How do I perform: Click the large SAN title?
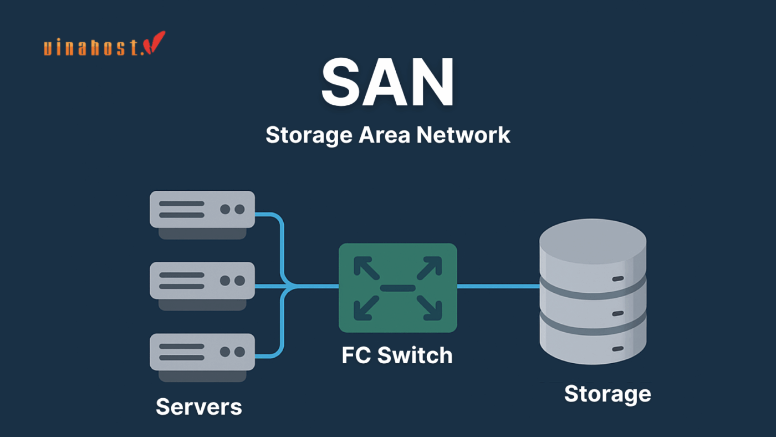coord(387,83)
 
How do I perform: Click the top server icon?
coord(202,210)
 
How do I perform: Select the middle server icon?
coord(202,281)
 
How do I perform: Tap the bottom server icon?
coord(202,352)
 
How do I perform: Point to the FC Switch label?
coord(397,355)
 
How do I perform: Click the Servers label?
coord(199,407)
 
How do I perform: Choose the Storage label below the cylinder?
coord(607,394)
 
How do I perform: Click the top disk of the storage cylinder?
coord(593,250)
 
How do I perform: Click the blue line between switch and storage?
coord(498,286)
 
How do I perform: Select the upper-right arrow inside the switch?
coord(430,267)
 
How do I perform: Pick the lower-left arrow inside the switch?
coord(366,308)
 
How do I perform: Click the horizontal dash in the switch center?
coord(397,288)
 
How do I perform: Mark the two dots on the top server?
coord(232,210)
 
